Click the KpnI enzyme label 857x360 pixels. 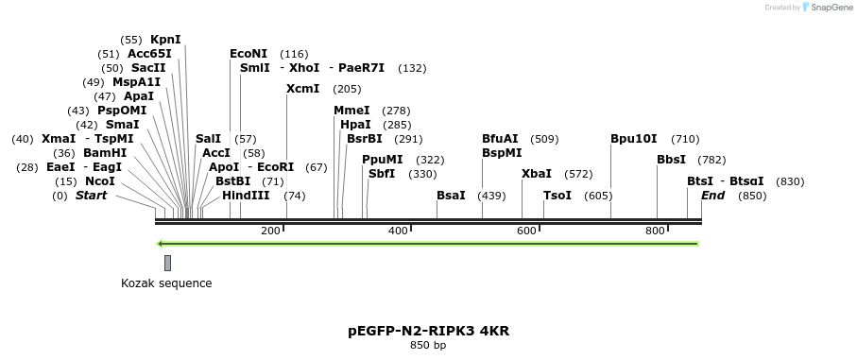(x=165, y=40)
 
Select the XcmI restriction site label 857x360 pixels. (x=304, y=89)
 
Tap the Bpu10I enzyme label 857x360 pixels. (x=633, y=139)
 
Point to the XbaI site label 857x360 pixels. (x=536, y=174)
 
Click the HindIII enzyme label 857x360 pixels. (x=246, y=196)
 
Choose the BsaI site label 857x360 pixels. (x=451, y=196)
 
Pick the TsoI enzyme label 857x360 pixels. (x=557, y=196)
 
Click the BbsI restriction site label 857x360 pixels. (x=671, y=160)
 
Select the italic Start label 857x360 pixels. (x=91, y=196)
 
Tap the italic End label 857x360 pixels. (x=712, y=196)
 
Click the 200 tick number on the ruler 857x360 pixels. (x=270, y=231)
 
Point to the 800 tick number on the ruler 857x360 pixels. (x=655, y=231)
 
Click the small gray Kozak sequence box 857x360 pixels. (x=167, y=263)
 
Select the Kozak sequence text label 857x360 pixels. (x=166, y=283)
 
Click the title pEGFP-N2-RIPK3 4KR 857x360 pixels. (x=428, y=331)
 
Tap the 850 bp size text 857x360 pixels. (x=428, y=346)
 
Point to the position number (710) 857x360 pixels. (x=685, y=139)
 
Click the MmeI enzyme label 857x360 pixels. (x=351, y=111)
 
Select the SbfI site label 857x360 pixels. (x=382, y=174)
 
